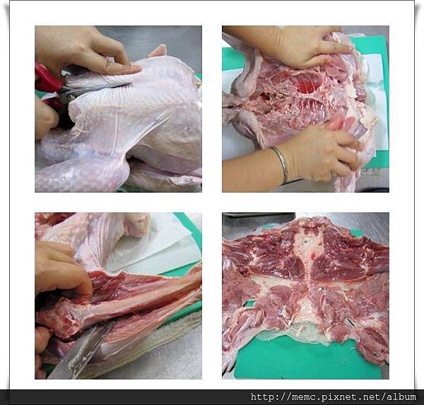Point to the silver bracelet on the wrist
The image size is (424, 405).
click(x=281, y=164)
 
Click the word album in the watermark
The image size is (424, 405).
click(x=401, y=397)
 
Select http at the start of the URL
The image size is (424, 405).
click(x=261, y=397)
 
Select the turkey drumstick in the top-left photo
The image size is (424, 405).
click(x=81, y=170)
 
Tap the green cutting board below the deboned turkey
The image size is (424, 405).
click(x=305, y=356)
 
